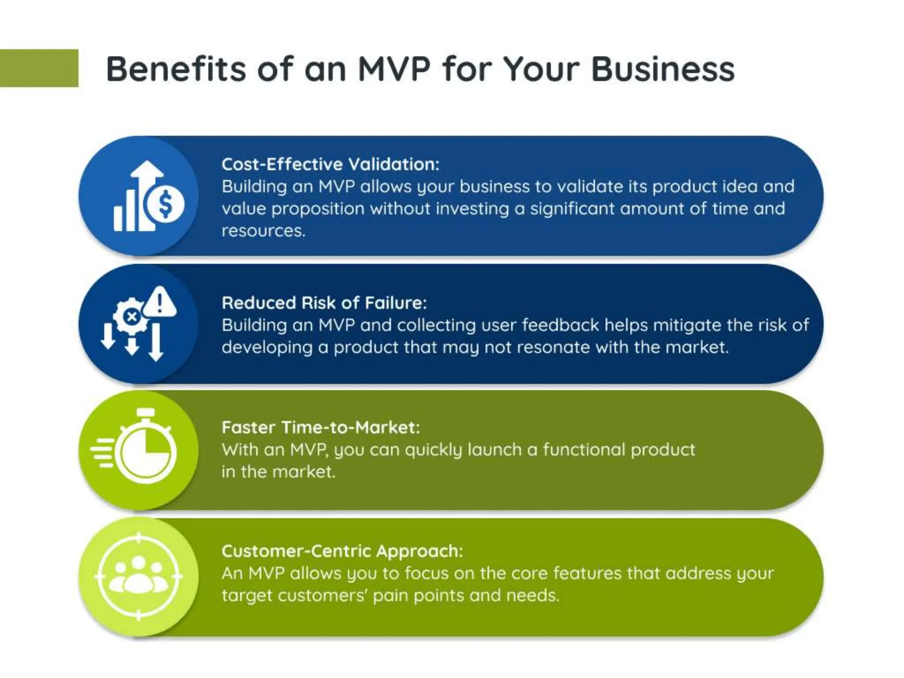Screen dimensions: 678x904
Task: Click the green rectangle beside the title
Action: pyautogui.click(x=39, y=68)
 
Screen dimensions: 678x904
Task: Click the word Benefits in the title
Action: pyautogui.click(x=176, y=69)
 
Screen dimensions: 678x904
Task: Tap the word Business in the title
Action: pyautogui.click(x=663, y=69)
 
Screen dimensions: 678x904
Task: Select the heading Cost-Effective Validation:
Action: pyautogui.click(x=330, y=164)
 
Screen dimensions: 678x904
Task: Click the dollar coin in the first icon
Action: pyautogui.click(x=165, y=204)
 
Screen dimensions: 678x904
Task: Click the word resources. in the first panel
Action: pyautogui.click(x=264, y=231)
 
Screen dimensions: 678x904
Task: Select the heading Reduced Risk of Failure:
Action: pyautogui.click(x=324, y=303)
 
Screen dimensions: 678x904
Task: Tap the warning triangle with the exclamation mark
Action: pyautogui.click(x=160, y=302)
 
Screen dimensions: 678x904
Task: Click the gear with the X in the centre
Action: pyautogui.click(x=131, y=316)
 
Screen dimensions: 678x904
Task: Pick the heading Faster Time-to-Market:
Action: pyautogui.click(x=320, y=427)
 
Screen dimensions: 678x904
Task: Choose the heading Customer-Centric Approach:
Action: pyautogui.click(x=342, y=551)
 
